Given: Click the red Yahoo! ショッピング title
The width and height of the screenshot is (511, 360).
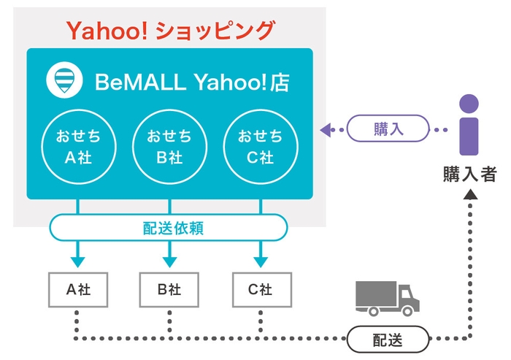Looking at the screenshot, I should click(169, 30).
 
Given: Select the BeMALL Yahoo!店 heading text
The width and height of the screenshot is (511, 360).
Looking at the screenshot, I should click(191, 83).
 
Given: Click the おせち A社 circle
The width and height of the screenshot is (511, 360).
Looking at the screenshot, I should click(79, 146).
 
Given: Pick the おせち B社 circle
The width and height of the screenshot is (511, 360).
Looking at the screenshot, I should click(169, 146).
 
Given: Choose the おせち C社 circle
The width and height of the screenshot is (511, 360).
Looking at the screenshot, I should click(260, 146).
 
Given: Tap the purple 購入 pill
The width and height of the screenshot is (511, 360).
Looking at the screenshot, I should click(388, 130).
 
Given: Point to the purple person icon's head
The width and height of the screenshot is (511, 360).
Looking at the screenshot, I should click(469, 104).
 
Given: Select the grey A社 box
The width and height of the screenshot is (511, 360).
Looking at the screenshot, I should click(77, 289).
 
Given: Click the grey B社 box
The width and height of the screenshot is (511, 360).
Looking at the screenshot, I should click(169, 289).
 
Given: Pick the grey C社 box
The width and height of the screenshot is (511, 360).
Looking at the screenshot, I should click(260, 289).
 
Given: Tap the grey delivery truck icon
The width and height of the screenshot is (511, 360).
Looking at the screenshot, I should click(388, 297).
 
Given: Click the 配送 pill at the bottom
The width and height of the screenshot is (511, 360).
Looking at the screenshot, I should click(386, 340).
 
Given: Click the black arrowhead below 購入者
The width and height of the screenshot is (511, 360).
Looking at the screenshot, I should click(470, 195).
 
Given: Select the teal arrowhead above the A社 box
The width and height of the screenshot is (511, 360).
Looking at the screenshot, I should click(77, 261).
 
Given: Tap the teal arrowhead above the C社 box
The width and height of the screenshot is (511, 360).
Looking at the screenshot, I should click(260, 261).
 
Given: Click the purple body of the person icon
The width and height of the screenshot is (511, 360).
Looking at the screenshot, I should click(469, 135).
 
